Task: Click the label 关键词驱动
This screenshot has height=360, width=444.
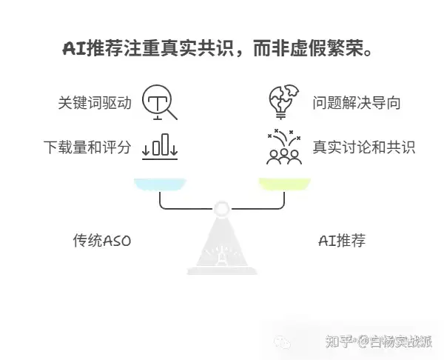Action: pyautogui.click(x=95, y=103)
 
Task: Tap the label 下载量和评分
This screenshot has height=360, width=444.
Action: pyautogui.click(x=87, y=147)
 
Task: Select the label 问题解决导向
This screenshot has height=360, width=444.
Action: pyautogui.click(x=356, y=103)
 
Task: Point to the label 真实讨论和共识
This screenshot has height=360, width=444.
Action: pyautogui.click(x=363, y=147)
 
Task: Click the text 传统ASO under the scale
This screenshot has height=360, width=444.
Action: pyautogui.click(x=101, y=240)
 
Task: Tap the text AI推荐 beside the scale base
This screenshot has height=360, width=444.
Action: pyautogui.click(x=341, y=240)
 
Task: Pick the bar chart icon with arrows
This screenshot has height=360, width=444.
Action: pyautogui.click(x=160, y=145)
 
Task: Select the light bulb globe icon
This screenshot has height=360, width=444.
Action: pyautogui.click(x=283, y=102)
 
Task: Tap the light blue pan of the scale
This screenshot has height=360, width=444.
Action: pyautogui.click(x=160, y=184)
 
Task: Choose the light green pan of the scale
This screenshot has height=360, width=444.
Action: pyautogui.click(x=283, y=184)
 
